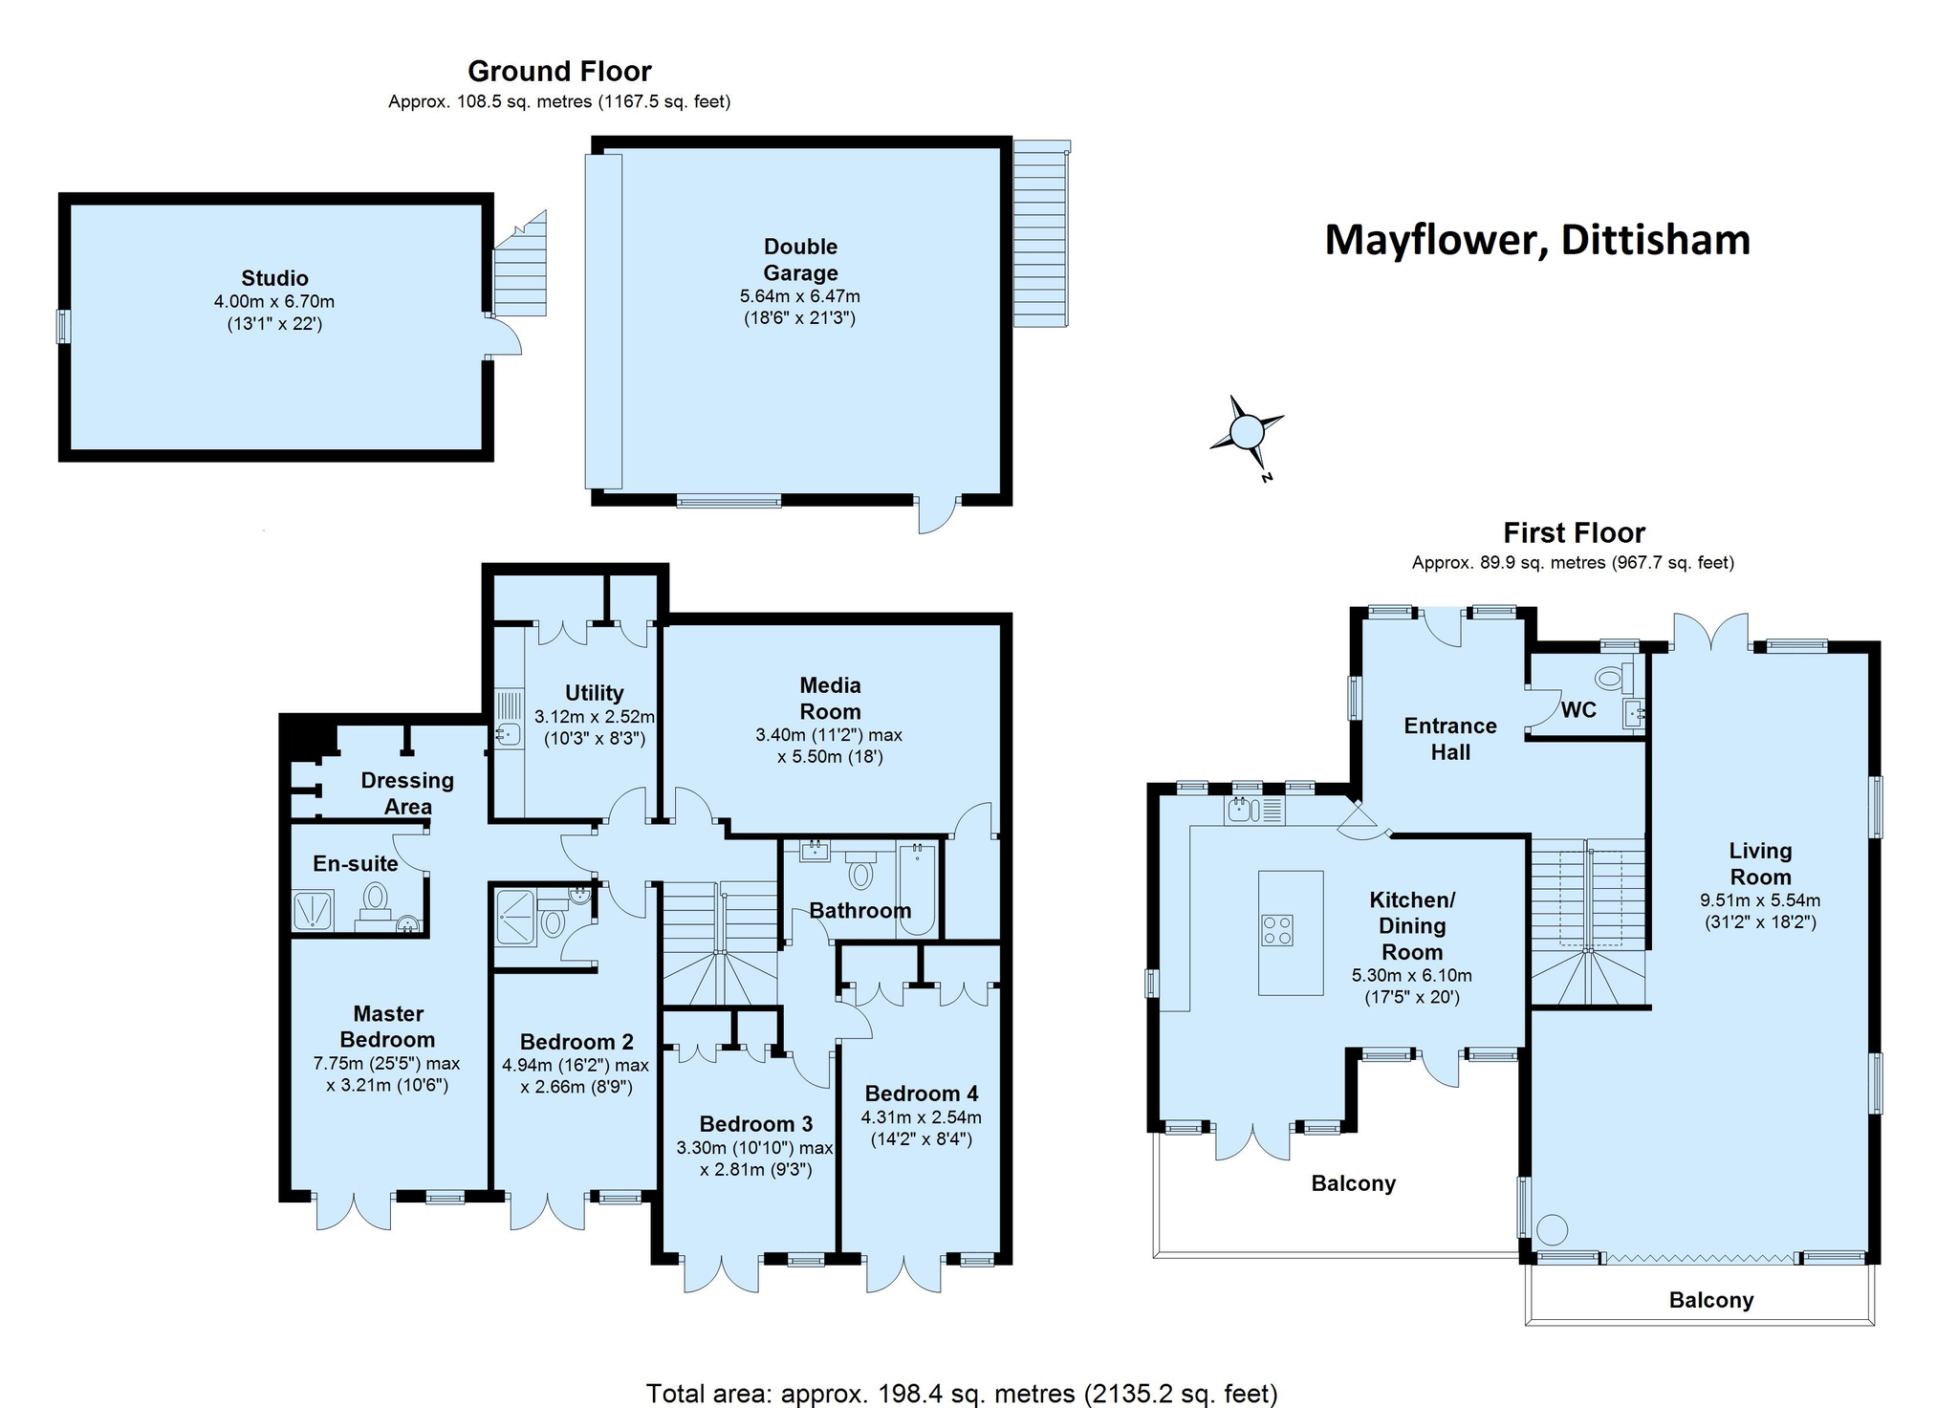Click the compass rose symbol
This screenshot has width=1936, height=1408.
[1247, 433]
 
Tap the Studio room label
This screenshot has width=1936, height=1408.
[274, 278]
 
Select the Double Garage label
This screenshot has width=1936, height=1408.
[800, 259]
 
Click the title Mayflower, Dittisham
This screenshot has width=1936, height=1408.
[1537, 240]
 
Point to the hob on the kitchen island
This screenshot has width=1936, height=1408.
[1278, 930]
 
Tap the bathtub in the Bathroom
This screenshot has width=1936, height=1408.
[916, 889]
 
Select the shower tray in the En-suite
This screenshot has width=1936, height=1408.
[313, 910]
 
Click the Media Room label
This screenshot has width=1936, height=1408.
[830, 699]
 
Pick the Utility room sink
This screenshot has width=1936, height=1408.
[509, 734]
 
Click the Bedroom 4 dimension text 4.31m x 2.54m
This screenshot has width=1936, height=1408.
[922, 1117]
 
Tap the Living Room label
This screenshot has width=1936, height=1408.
[1760, 864]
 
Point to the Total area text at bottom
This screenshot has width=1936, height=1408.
[962, 1394]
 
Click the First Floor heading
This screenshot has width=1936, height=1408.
[1574, 532]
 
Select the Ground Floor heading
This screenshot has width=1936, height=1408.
[559, 72]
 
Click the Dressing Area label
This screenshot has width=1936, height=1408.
[407, 793]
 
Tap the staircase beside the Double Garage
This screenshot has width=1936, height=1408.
[1040, 234]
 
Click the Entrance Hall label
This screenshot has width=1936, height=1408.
[1450, 739]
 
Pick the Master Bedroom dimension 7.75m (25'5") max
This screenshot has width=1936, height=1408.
[387, 1064]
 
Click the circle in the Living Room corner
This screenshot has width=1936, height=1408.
[1551, 1228]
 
